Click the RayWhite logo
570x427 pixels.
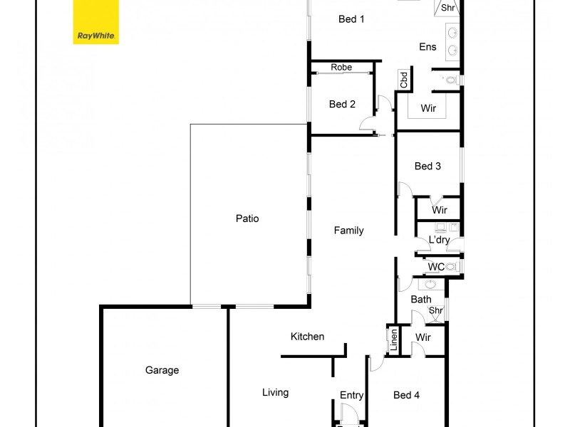click(95, 22)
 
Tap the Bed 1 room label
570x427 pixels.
click(351, 19)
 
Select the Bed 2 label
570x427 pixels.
click(342, 105)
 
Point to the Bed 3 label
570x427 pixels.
click(427, 166)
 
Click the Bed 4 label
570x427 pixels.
click(406, 395)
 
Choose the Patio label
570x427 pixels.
click(247, 218)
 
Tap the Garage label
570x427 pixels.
click(162, 370)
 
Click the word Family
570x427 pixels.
click(349, 231)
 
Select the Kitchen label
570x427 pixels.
click(307, 337)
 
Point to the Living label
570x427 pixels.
click(275, 392)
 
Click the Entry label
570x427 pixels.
click(352, 396)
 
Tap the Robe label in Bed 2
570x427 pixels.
click(341, 68)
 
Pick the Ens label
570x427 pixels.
click(427, 47)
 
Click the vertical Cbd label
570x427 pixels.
click(404, 80)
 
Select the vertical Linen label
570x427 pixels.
click(393, 340)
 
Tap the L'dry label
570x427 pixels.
click(439, 241)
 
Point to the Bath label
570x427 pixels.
click(421, 300)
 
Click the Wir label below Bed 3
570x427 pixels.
click(440, 210)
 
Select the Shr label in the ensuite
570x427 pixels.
click(447, 9)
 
